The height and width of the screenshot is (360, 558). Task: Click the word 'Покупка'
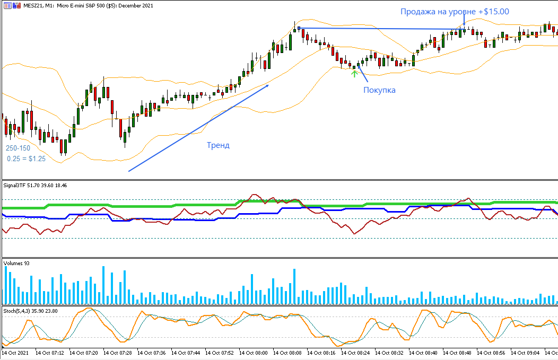(x=379, y=90)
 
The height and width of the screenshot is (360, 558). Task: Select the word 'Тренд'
(x=218, y=145)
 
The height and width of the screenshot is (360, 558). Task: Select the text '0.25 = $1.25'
(x=27, y=158)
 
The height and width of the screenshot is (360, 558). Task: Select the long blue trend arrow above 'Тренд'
(x=199, y=128)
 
